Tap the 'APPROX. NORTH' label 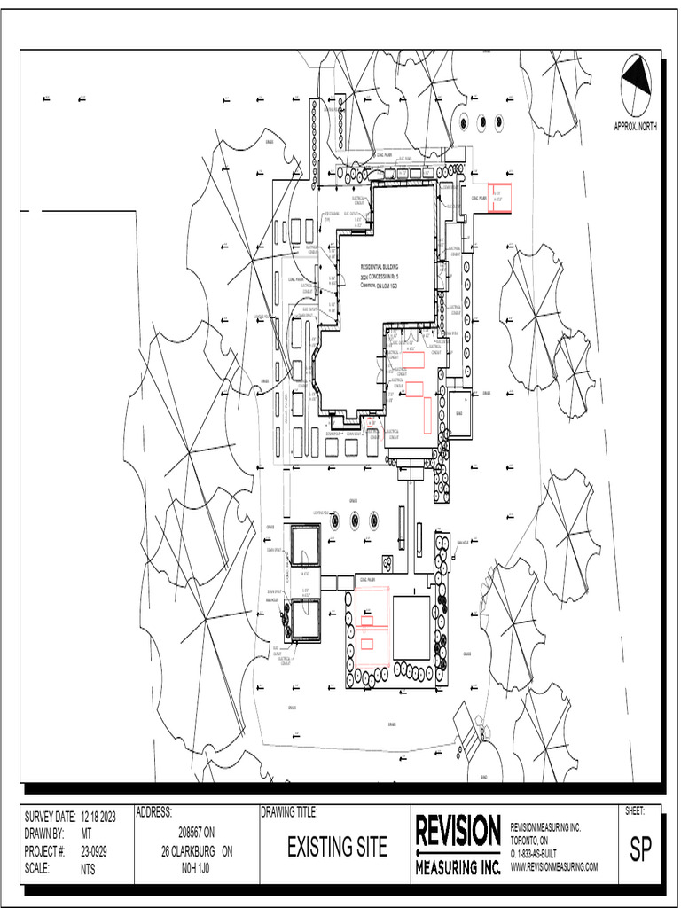point(636,127)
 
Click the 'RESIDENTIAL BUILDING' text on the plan point(380,266)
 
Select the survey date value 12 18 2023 point(98,817)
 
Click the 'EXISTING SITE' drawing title point(337,848)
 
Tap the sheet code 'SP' point(640,850)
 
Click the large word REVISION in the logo point(458,833)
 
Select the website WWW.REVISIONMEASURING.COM point(554,866)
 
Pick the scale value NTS point(88,870)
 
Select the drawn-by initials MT point(86,834)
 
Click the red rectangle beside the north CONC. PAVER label point(501,198)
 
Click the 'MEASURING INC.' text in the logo point(458,865)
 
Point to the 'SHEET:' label point(635,811)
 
